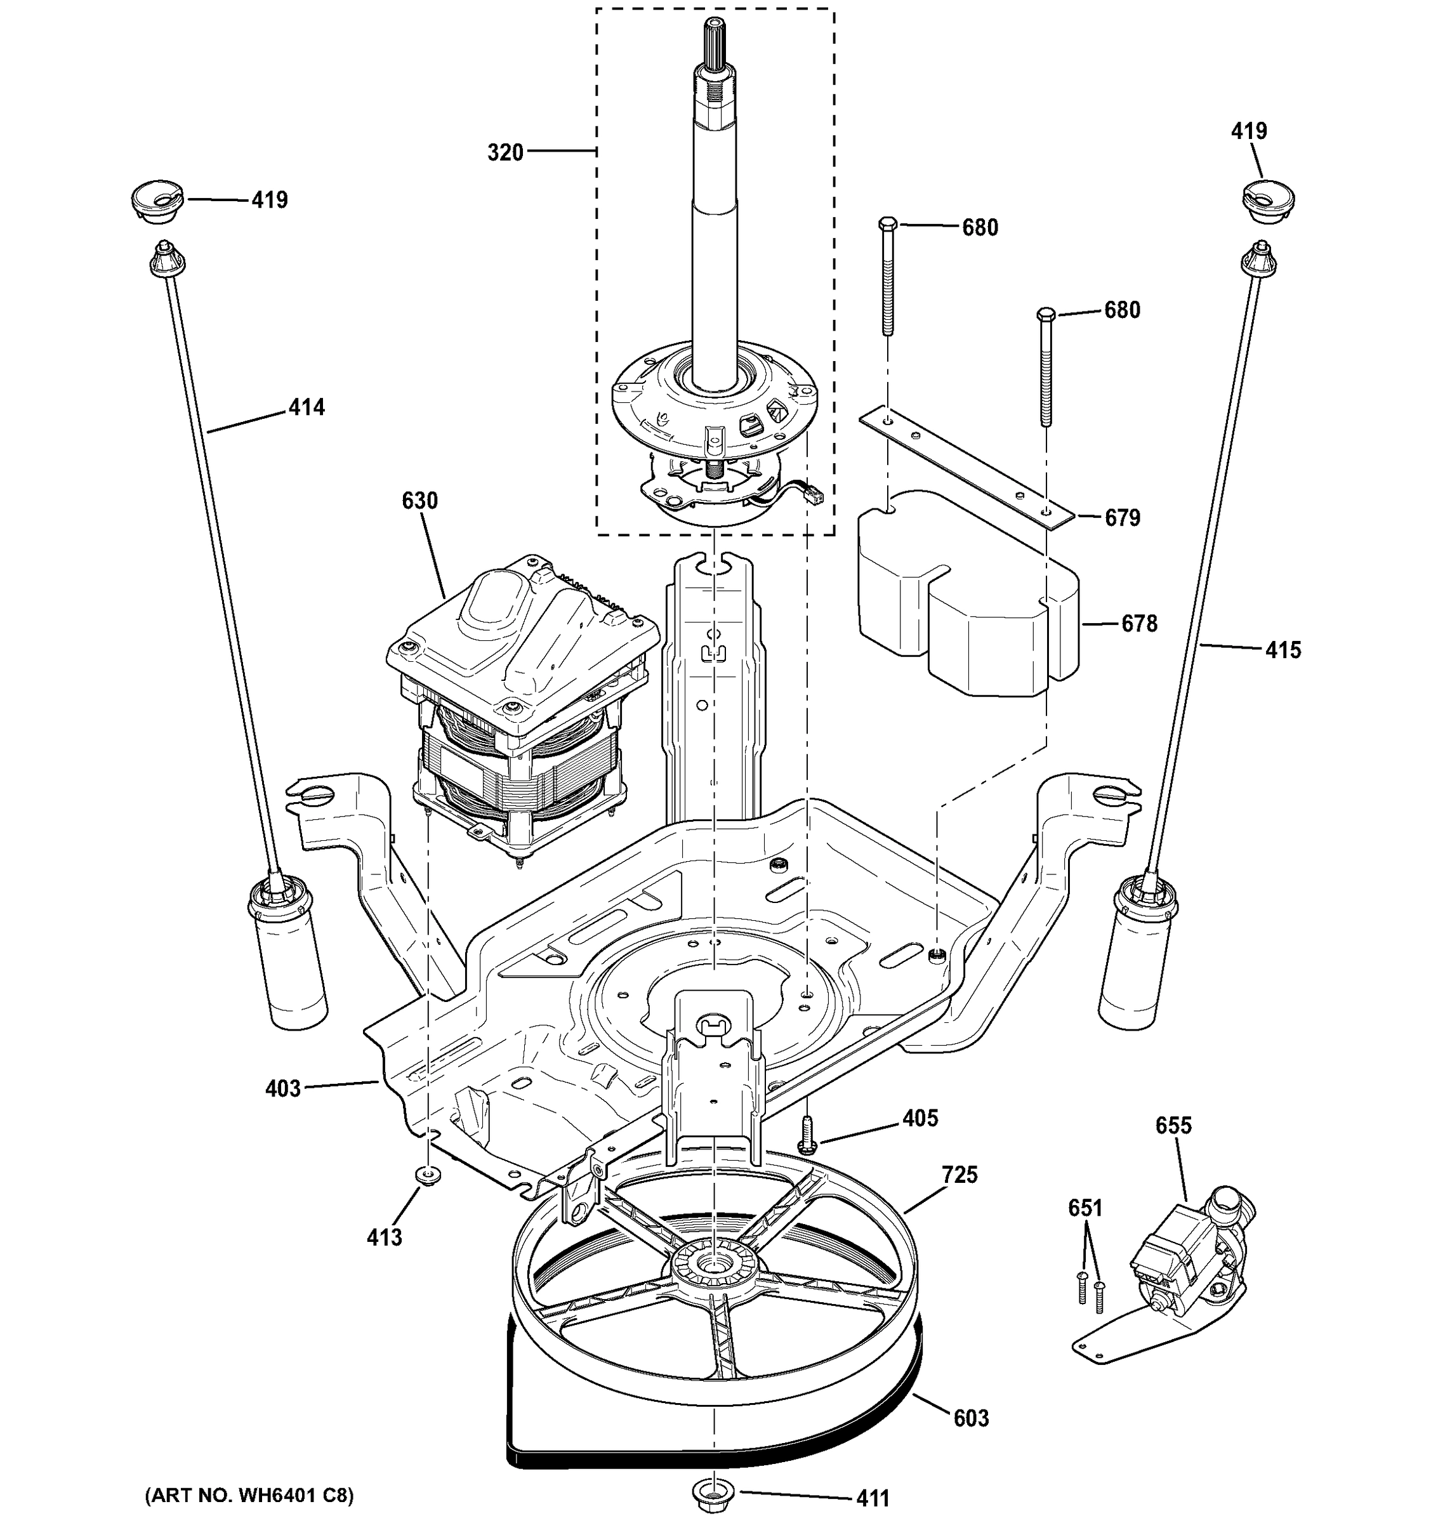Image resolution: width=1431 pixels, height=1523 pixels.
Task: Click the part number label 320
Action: pos(505,152)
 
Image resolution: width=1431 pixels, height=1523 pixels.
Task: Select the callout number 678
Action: pos(1139,624)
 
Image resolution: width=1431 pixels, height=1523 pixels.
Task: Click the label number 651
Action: pos(1085,1208)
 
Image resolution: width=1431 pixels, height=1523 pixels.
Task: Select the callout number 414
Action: pos(307,407)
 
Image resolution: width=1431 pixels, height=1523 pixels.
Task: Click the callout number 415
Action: pos(1283,650)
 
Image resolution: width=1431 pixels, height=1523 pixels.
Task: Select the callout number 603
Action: pos(970,1419)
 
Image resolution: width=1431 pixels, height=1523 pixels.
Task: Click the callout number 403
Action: pos(282,1088)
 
